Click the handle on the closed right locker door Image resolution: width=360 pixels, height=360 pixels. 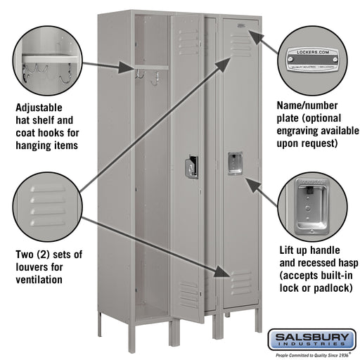point(234,162)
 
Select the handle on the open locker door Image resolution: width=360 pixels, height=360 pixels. point(191,167)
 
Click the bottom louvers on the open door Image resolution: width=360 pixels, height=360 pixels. point(188,293)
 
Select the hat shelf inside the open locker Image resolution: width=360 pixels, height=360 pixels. point(152,67)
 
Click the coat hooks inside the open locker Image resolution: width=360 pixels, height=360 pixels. point(141,73)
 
